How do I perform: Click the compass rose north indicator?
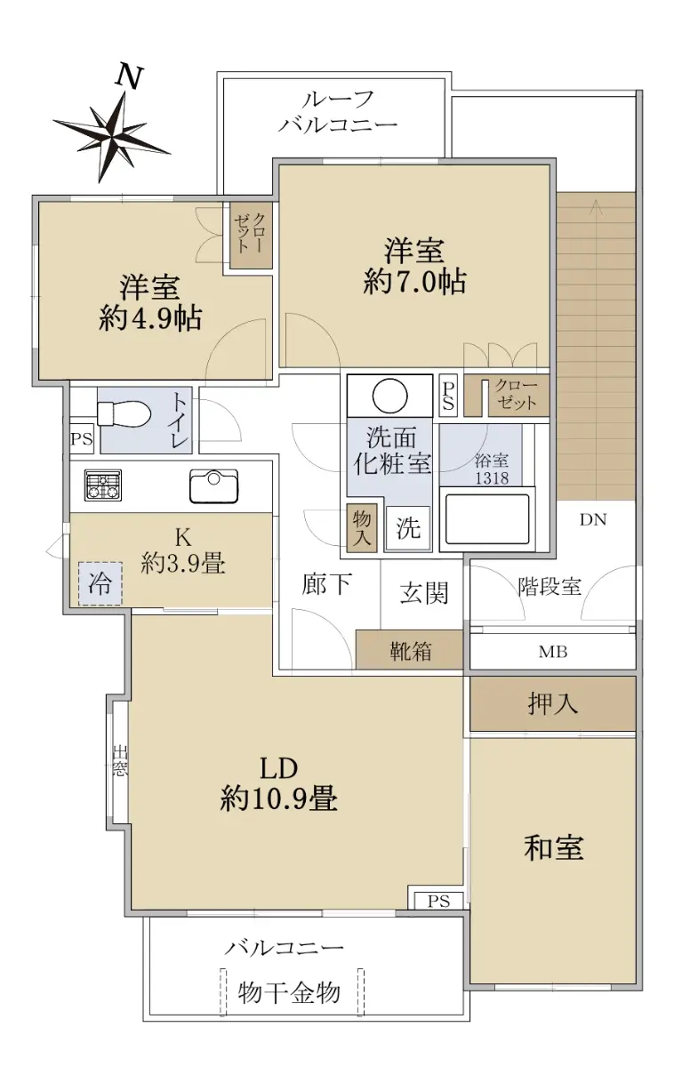112,135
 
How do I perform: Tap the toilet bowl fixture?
124,413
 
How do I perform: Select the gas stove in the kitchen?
103,485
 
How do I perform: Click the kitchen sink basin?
214,485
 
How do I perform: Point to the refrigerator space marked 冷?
100,583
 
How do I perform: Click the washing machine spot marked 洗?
408,528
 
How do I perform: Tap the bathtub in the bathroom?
487,519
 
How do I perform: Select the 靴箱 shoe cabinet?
410,650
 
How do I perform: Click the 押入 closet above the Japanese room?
552,703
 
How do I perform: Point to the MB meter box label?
553,652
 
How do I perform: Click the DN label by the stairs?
593,519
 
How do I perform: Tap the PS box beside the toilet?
82,438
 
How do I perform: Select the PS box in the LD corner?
438,901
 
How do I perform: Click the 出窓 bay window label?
119,761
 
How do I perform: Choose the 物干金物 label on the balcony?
289,993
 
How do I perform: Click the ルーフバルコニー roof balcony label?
338,112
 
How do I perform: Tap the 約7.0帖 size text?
414,282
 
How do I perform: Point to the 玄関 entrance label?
424,593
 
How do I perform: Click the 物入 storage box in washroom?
362,528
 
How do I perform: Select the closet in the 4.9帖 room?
252,236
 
